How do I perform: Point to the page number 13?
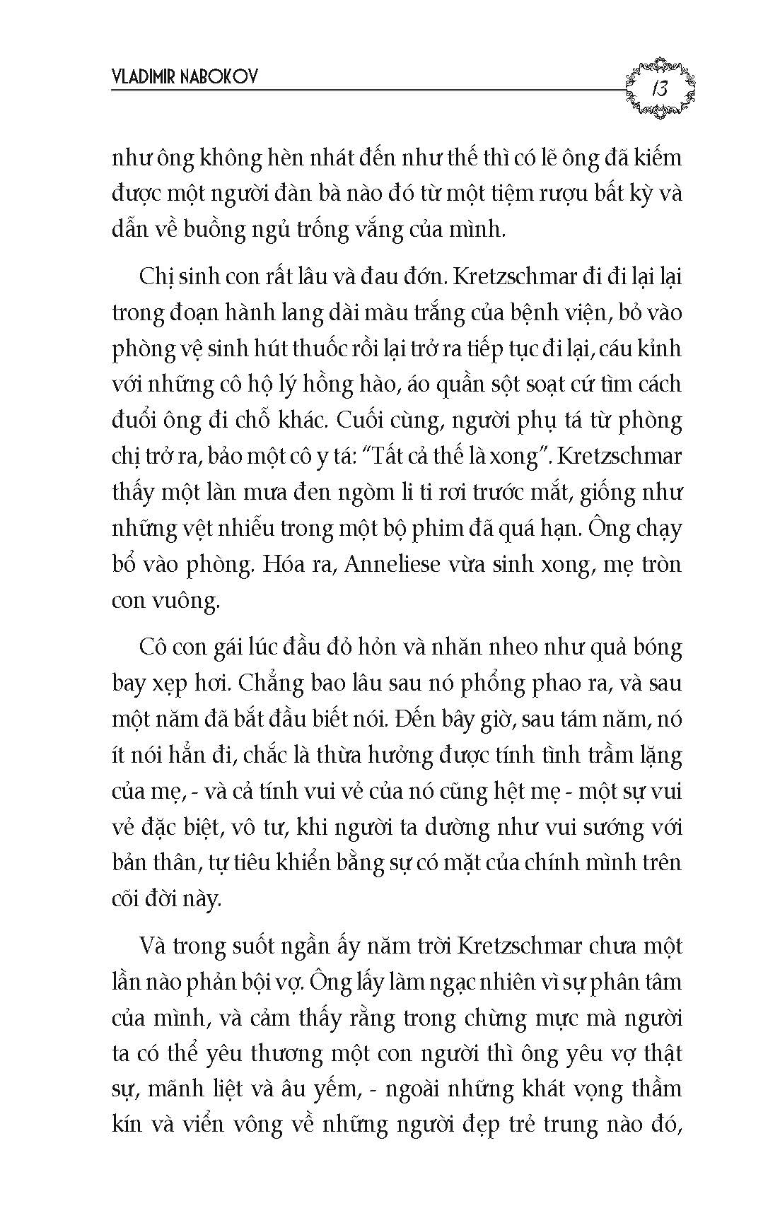click(661, 89)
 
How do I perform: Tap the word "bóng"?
click(655, 648)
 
